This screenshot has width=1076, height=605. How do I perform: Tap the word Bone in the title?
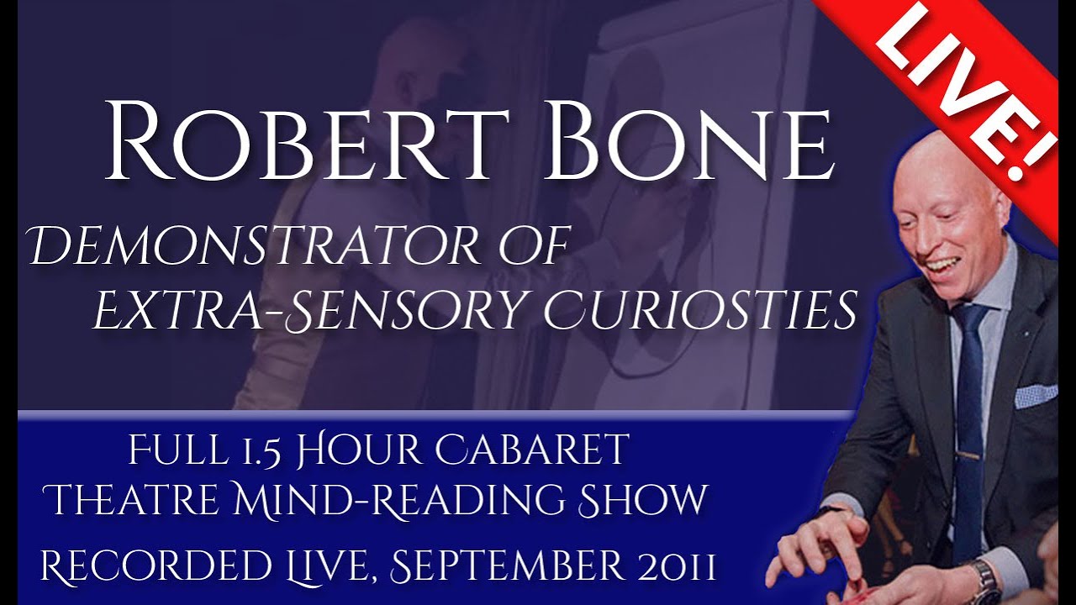pyautogui.click(x=687, y=140)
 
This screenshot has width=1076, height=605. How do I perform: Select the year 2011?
pyautogui.click(x=672, y=568)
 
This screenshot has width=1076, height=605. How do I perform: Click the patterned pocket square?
pyautogui.click(x=1035, y=395)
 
